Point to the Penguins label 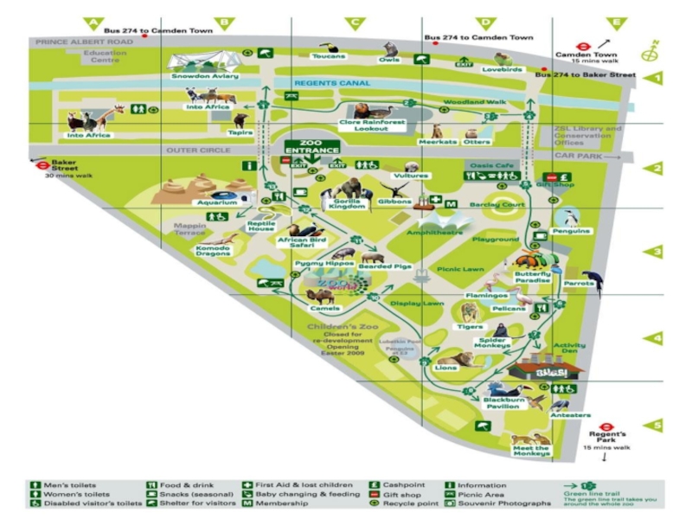tap(573, 231)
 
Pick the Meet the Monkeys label tap(531, 450)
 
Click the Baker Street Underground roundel tap(40, 162)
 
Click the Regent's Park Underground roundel tap(606, 426)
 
